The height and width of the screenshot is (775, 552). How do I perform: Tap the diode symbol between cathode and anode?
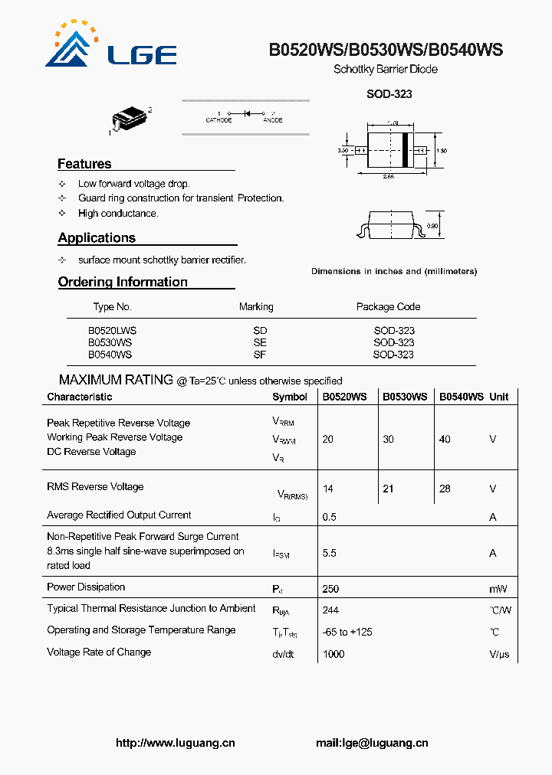coord(247,113)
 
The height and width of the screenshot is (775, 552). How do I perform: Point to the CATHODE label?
coord(219,120)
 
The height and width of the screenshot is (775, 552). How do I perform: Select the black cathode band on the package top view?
coord(405,151)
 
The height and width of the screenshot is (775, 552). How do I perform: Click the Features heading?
coord(84,164)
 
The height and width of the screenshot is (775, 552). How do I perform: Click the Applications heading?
coord(97,238)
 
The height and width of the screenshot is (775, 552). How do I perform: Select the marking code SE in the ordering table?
coord(260,343)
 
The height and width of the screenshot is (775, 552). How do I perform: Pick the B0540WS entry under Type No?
coord(110,355)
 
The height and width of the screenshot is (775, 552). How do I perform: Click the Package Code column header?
coord(388,307)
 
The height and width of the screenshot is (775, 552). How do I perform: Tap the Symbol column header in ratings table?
coord(290,397)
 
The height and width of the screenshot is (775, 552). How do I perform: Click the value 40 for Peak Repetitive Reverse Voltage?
coord(445,440)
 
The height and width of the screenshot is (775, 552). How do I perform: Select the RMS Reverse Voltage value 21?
coord(388,489)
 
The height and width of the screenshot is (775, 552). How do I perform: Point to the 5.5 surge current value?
coord(330,553)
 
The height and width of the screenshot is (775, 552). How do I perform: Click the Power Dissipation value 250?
coord(330,589)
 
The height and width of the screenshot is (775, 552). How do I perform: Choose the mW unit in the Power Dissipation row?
coord(498,589)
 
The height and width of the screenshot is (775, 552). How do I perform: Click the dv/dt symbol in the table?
coord(282,654)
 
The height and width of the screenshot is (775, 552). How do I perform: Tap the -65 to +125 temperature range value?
coord(347,633)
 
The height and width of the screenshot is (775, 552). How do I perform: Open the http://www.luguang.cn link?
coord(175,743)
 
